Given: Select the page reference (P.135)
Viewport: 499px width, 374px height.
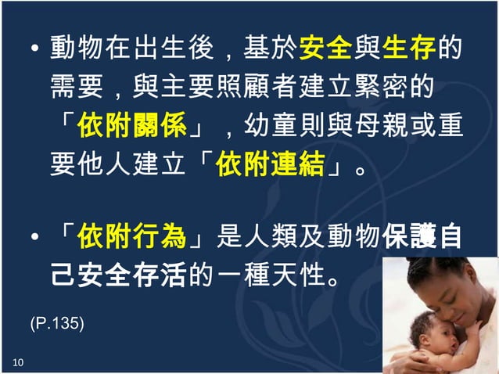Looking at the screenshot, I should [x=57, y=322].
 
